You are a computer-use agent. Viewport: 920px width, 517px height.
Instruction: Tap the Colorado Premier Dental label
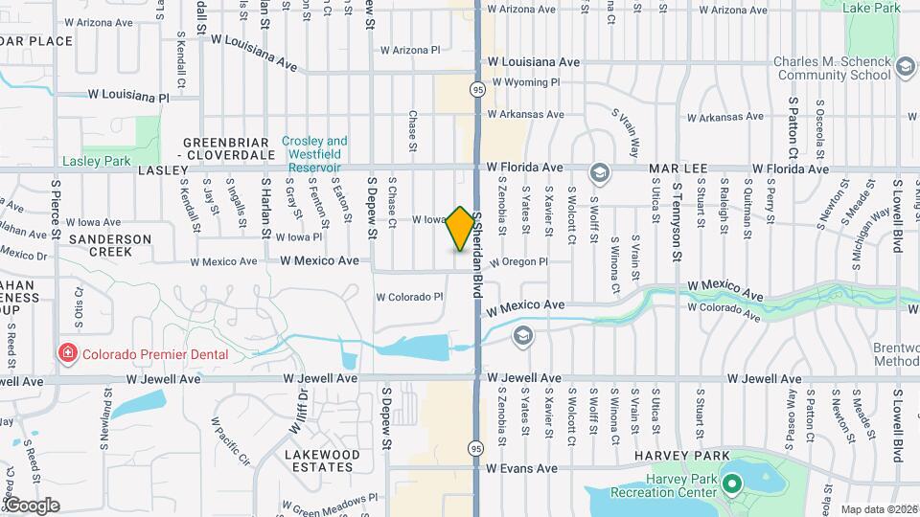pos(154,354)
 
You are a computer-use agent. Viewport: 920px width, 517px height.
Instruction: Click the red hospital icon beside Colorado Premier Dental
pos(68,354)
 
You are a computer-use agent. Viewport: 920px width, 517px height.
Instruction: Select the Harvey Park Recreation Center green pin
pos(733,483)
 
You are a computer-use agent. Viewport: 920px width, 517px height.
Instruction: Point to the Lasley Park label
pos(96,161)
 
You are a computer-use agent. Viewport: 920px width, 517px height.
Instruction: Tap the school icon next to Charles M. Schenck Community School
pos(905,69)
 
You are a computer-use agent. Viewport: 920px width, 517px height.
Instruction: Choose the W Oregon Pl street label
pos(518,261)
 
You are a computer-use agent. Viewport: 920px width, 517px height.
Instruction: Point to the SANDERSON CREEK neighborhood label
pos(110,244)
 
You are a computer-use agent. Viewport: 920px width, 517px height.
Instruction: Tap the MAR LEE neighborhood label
pos(677,169)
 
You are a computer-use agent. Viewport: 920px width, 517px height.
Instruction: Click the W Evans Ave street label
pos(521,469)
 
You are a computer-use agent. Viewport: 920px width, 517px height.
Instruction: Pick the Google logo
pos(32,505)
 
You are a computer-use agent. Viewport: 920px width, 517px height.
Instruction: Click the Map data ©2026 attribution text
pos(879,509)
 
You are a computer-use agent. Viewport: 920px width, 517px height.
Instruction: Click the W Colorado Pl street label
pos(409,297)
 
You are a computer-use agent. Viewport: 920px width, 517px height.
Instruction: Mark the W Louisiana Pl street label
pos(128,97)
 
